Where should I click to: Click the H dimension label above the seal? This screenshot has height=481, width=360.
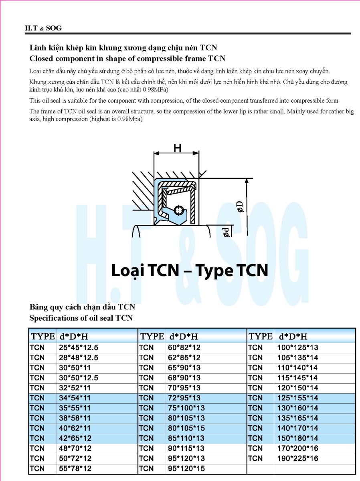point(177,148)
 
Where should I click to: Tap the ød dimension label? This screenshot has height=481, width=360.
point(227,232)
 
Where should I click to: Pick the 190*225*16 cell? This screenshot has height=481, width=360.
point(297,458)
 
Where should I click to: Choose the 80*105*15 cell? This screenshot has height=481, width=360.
point(186,428)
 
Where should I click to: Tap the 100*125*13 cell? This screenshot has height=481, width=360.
point(297,348)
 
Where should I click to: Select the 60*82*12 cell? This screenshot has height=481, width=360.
point(184,348)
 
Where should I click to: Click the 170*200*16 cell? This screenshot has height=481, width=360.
point(297,448)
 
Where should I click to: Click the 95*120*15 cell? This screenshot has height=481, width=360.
point(186,469)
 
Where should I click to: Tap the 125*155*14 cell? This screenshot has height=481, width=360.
point(297,398)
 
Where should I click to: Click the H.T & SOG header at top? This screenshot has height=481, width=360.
point(43,28)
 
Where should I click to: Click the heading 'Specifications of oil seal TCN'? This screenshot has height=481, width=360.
point(81,318)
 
